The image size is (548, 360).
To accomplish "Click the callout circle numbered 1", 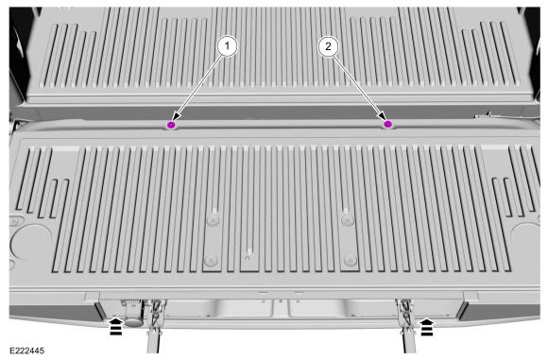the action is click(227, 45).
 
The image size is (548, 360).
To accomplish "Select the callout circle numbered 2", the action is click(328, 45).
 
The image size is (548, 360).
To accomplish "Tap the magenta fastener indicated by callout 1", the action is click(171, 125).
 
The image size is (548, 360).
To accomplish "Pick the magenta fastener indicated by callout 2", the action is click(387, 124).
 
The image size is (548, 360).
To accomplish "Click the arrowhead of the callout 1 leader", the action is click(177, 117).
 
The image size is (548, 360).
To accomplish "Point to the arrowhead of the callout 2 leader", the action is click(382, 116).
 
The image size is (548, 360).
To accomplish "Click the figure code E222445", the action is click(26, 351).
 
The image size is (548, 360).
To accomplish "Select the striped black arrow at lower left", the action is click(116, 326).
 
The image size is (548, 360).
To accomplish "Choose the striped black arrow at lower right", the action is click(426, 327).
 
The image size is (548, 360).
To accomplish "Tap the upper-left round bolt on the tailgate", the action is click(213, 221).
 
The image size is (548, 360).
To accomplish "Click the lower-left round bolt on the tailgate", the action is click(211, 261).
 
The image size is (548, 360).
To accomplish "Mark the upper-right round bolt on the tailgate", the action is click(348, 220).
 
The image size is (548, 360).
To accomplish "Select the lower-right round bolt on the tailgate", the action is click(351, 261).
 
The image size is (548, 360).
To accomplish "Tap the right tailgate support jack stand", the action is click(407, 326).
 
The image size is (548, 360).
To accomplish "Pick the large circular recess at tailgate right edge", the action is click(525, 241).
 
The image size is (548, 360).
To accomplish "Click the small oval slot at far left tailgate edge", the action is click(15, 221).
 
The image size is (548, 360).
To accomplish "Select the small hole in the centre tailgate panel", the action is click(248, 258).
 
